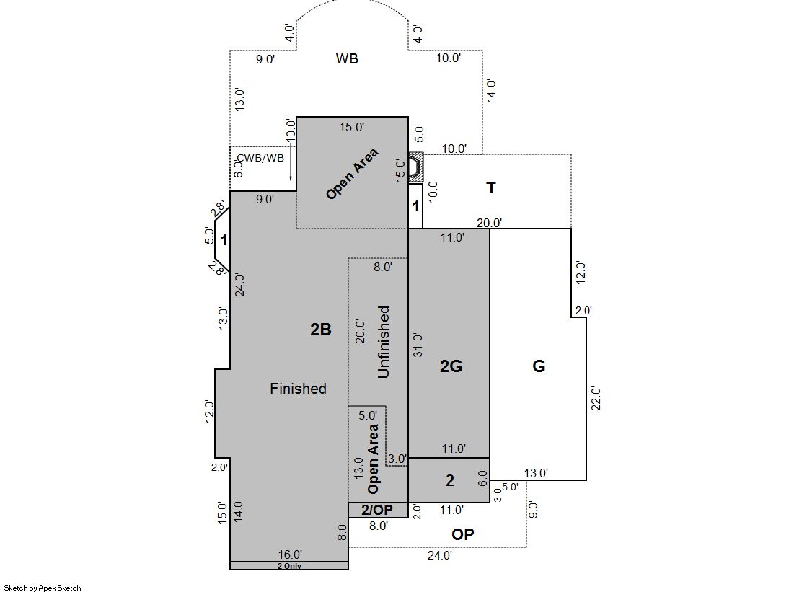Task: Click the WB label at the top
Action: [347, 58]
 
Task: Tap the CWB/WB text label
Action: [261, 158]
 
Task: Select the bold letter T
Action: [491, 188]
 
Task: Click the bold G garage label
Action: [539, 366]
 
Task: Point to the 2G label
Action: [451, 366]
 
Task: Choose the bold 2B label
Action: [321, 330]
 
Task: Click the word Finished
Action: [298, 388]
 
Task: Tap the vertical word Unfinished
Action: [384, 342]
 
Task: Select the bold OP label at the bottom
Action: [463, 534]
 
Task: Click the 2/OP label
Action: [377, 510]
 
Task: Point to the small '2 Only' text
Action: [289, 566]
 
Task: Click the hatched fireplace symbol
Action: [416, 167]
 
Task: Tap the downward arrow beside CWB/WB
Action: [291, 162]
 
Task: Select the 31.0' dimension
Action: [418, 345]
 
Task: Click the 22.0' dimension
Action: [596, 398]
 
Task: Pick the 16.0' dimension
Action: [290, 555]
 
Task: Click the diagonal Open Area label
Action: [353, 174]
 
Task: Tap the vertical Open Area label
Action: [373, 459]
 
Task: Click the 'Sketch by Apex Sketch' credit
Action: [43, 588]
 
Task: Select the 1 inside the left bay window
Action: [224, 240]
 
